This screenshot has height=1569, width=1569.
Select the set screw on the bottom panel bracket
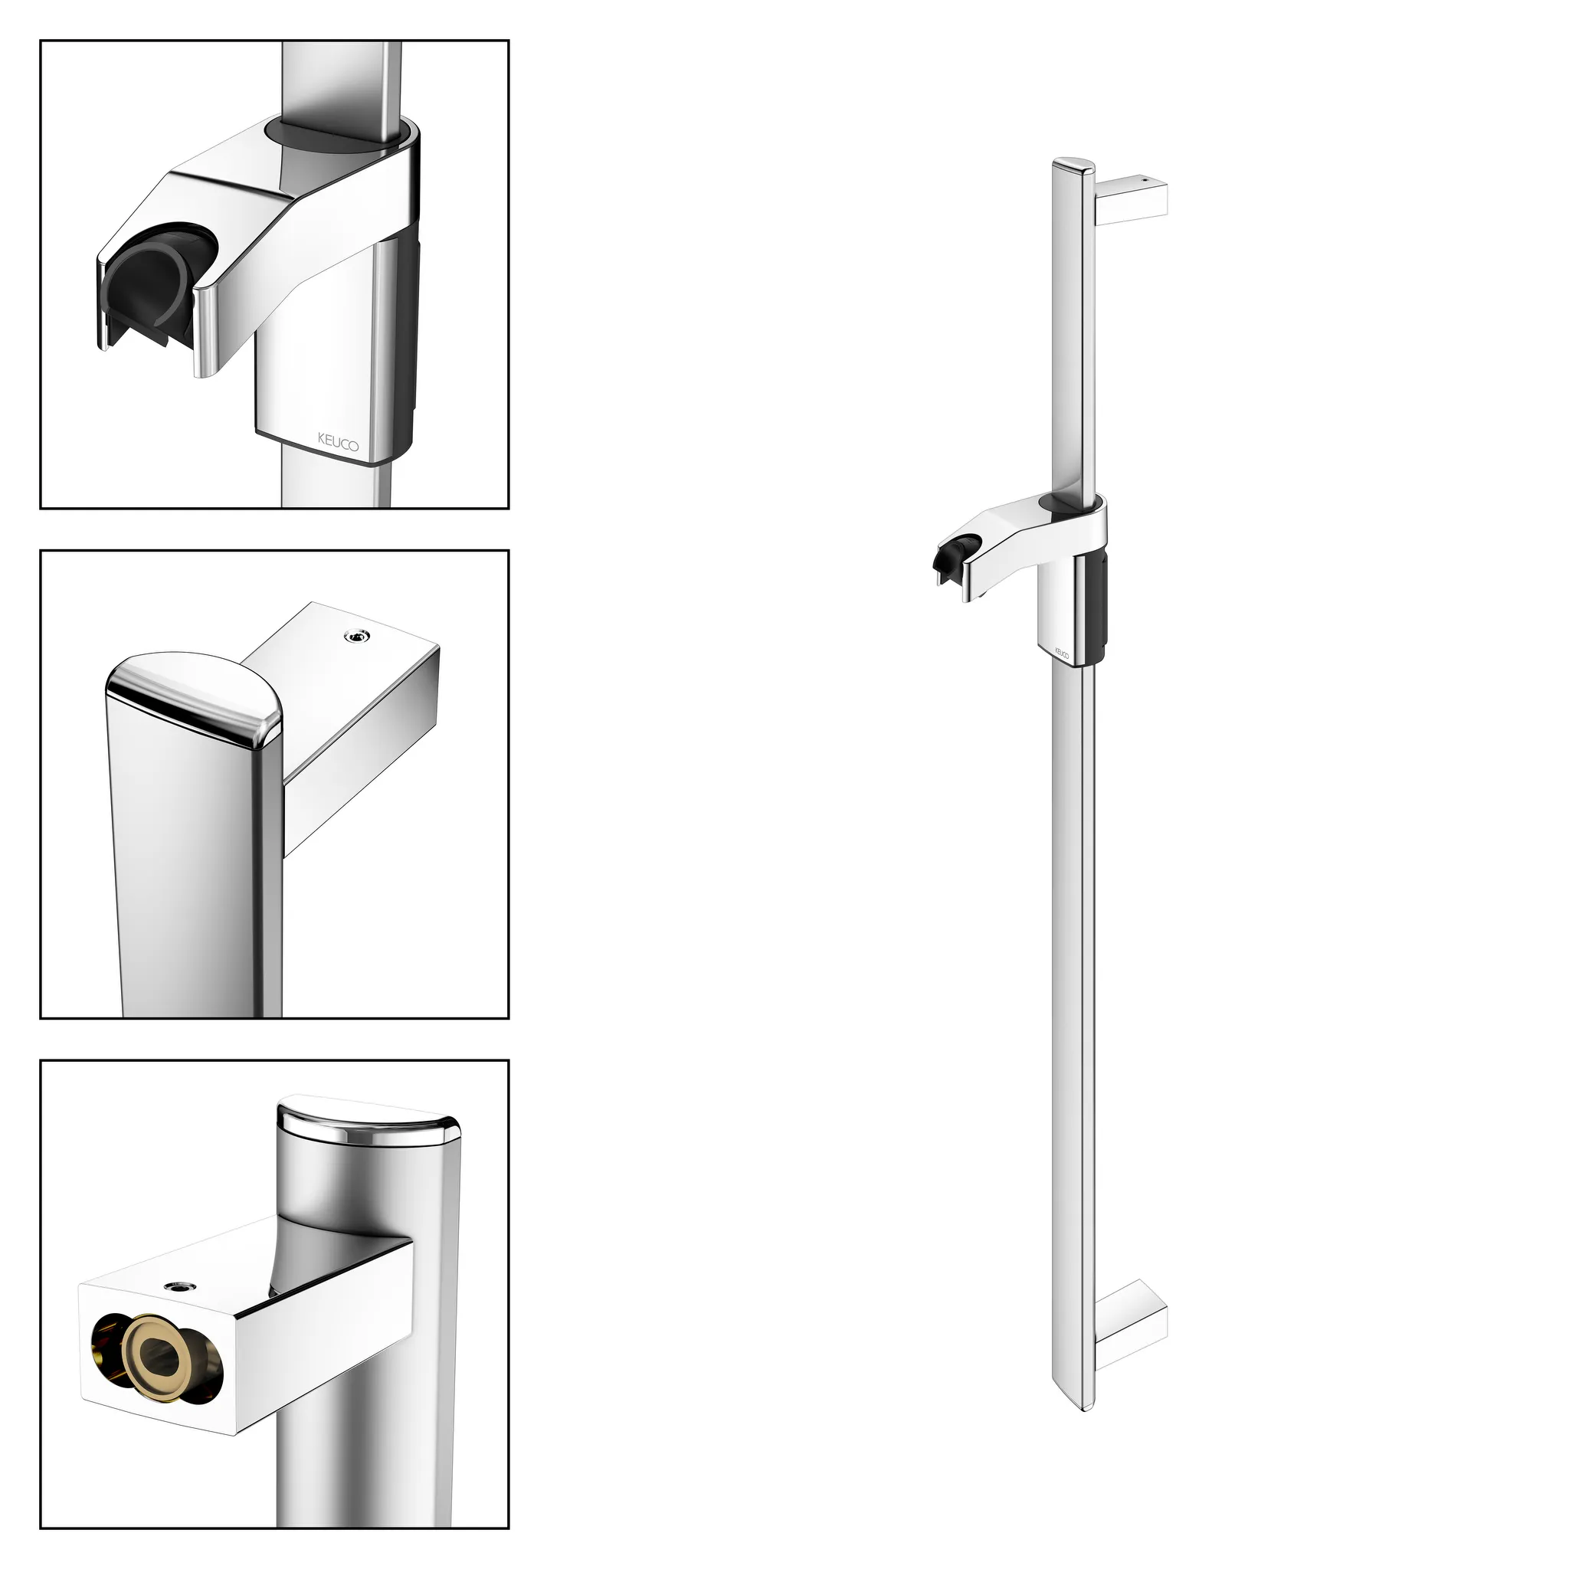[175, 1286]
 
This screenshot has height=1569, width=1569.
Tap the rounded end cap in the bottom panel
[368, 1122]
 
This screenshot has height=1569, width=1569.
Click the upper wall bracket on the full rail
[1132, 198]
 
